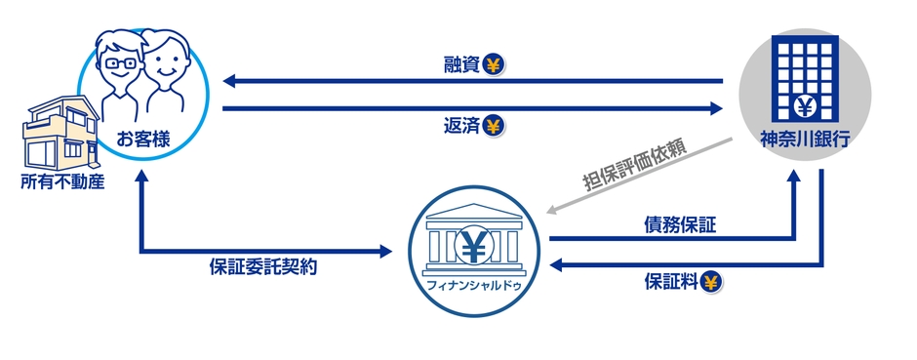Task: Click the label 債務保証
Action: [x=679, y=225]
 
